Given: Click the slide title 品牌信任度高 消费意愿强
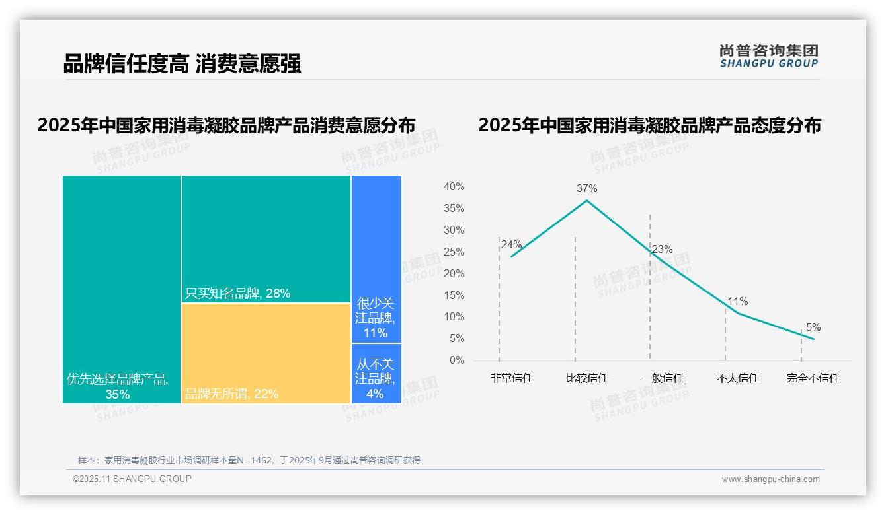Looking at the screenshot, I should (x=182, y=64).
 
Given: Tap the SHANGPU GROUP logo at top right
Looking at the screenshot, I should (x=768, y=56).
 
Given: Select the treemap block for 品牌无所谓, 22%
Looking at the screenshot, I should (x=266, y=353).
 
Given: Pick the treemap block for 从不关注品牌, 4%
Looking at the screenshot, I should (x=376, y=373).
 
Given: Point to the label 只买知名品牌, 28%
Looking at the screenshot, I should (x=237, y=294).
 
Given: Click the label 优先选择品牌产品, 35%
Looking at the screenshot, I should (x=118, y=387).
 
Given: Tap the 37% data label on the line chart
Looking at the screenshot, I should (x=586, y=189).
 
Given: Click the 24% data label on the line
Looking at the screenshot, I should (x=511, y=244).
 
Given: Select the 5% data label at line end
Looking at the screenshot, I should (x=813, y=327).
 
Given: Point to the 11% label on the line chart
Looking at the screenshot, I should (x=738, y=302).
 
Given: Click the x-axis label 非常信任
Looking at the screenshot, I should (x=511, y=378).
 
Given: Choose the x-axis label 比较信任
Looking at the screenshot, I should (x=586, y=378).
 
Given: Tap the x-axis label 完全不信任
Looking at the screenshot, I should (x=813, y=378).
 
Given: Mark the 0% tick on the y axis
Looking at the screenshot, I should (x=457, y=360).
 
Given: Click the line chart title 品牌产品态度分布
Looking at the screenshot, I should (x=649, y=125).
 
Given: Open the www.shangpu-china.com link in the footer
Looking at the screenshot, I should (x=770, y=479).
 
